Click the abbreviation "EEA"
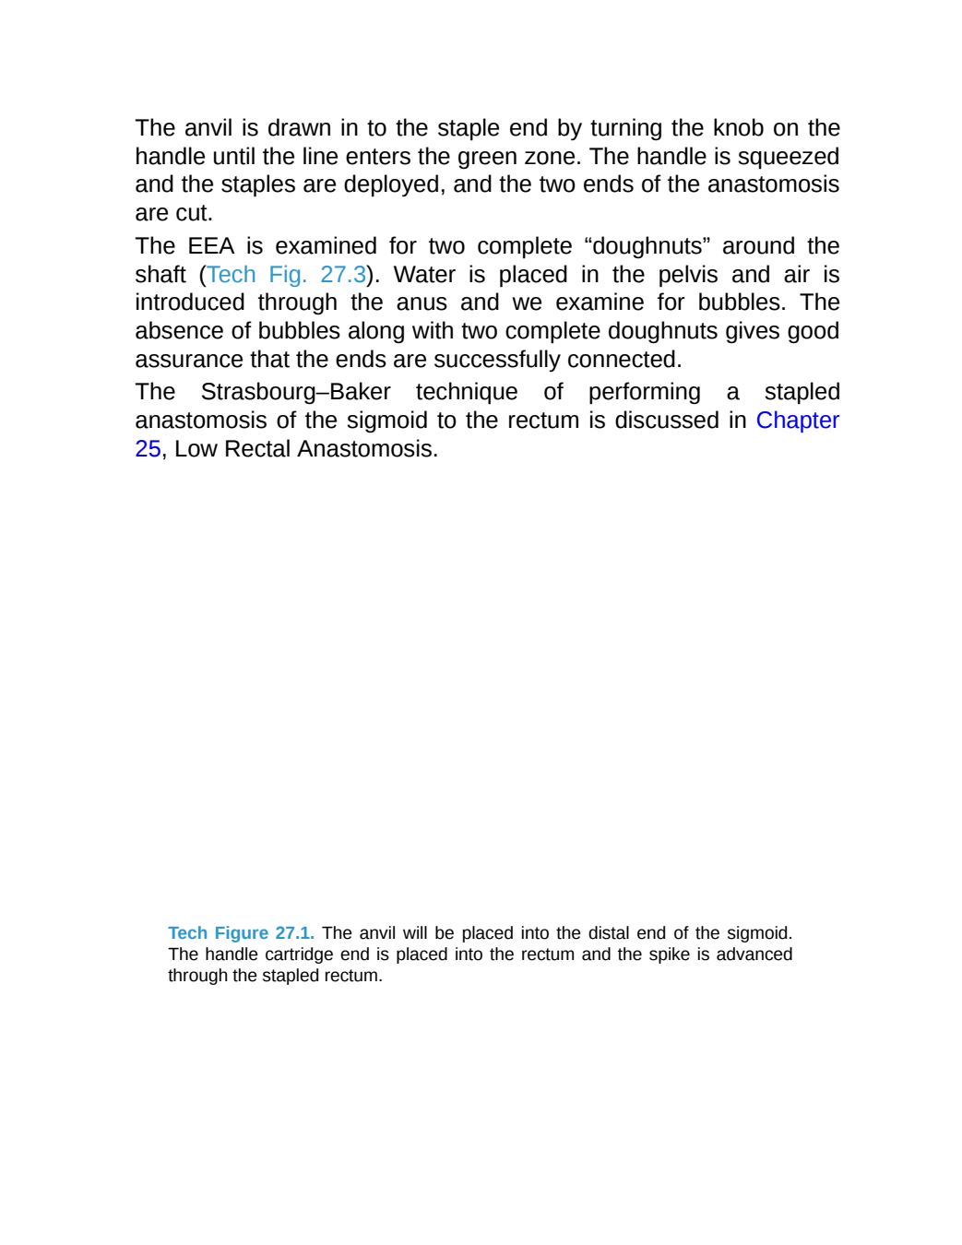tap(211, 246)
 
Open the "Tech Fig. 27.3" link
tap(286, 275)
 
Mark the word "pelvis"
tap(687, 275)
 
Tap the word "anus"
tap(422, 302)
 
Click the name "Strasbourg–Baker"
tap(296, 392)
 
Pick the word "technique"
tap(467, 392)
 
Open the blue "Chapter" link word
tap(798, 421)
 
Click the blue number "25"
tap(148, 448)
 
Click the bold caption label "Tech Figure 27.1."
tap(242, 932)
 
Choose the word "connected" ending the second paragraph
tap(624, 360)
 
